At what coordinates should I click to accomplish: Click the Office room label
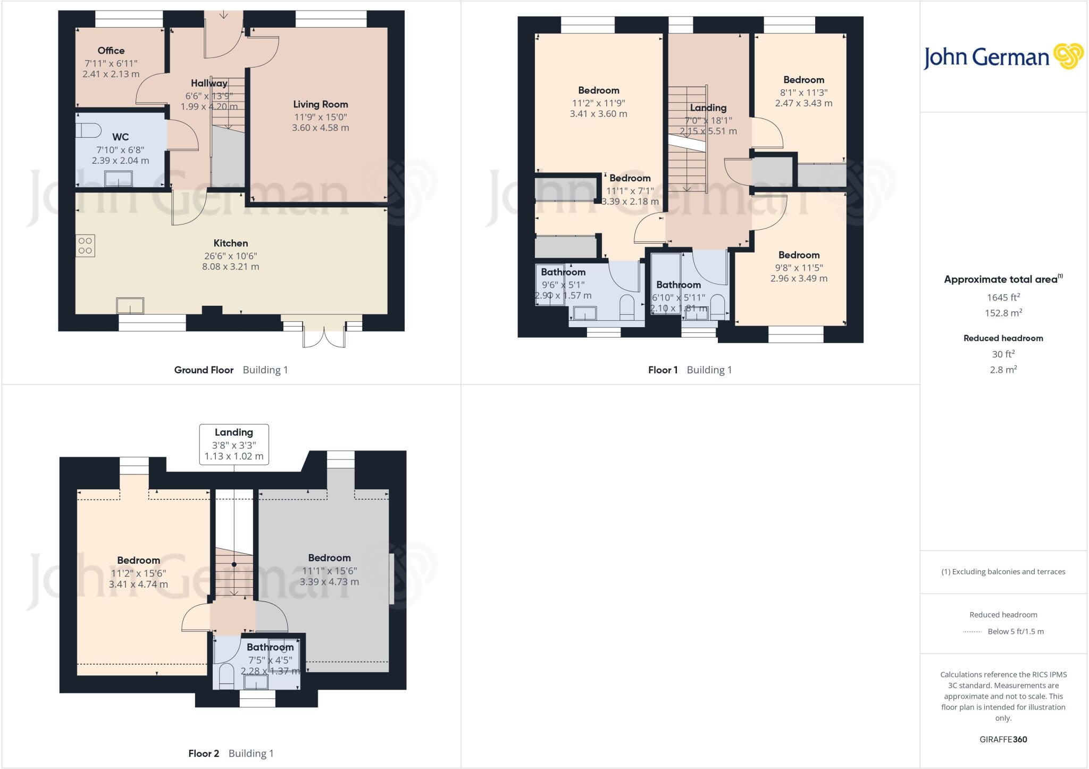(111, 51)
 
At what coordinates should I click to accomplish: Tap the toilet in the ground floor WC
(88, 130)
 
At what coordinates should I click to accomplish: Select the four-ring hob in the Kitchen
(85, 246)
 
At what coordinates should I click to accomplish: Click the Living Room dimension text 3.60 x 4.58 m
(320, 128)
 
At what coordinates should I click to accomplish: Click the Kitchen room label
(230, 243)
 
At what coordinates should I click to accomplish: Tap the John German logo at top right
(1003, 57)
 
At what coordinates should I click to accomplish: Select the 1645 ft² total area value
(1003, 297)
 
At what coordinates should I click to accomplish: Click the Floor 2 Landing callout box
(234, 444)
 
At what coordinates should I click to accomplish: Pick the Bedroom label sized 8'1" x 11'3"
(803, 80)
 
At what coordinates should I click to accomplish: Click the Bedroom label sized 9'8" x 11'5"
(799, 255)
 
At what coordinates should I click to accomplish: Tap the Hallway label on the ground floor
(209, 83)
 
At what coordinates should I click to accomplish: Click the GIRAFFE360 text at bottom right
(1003, 739)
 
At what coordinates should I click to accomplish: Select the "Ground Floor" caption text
(204, 370)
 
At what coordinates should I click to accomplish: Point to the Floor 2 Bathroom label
(270, 647)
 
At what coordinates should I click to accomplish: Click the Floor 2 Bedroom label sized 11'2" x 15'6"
(138, 560)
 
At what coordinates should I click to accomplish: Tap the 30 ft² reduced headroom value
(1003, 354)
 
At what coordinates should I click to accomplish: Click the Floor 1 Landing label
(708, 107)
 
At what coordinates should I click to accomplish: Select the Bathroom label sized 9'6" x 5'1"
(563, 272)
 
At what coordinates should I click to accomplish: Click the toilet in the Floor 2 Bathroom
(226, 674)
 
